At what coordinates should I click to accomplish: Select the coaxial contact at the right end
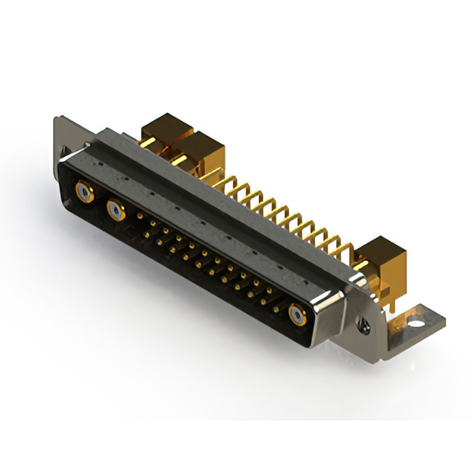tap(298, 315)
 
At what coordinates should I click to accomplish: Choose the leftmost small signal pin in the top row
tap(140, 216)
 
